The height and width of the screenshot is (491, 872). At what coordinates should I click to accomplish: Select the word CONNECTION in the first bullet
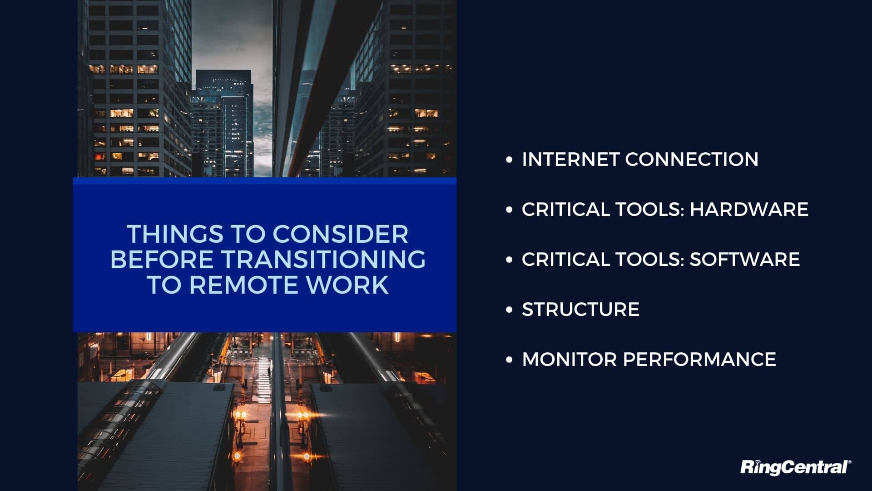point(692,160)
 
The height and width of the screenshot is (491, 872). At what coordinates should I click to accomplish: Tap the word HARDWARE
point(749,210)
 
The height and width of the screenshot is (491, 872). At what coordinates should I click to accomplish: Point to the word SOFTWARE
point(745,260)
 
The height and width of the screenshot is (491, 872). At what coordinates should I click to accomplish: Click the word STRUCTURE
point(581,310)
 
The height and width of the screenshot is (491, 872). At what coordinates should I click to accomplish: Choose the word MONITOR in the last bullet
point(569,360)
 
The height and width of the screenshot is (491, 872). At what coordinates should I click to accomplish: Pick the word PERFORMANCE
point(699,360)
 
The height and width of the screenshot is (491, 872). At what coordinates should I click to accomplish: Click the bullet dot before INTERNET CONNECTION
point(509,160)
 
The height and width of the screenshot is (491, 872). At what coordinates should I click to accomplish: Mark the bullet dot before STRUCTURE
point(509,310)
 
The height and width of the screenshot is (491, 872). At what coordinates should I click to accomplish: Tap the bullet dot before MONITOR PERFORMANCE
point(509,360)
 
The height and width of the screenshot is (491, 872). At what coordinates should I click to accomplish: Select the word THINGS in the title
point(175,234)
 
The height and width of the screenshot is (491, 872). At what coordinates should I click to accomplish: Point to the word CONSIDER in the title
point(340,234)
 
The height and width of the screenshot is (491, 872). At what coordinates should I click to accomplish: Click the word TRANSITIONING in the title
point(323,260)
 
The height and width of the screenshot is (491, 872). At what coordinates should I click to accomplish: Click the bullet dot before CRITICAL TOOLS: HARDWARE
point(509,210)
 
